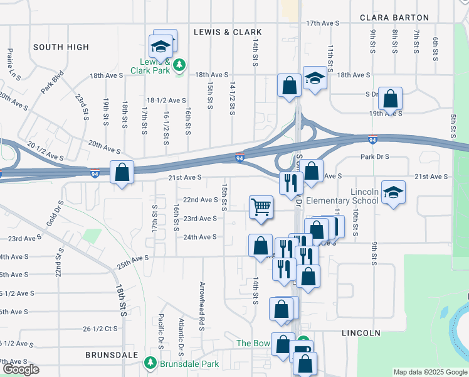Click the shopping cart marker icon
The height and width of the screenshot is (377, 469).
click(x=261, y=207)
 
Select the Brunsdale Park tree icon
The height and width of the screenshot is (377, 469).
click(x=150, y=363)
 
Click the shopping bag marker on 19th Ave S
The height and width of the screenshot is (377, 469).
click(x=390, y=99)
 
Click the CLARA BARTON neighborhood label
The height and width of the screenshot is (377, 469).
click(x=394, y=18)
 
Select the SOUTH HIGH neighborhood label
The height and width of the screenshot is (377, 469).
click(x=61, y=47)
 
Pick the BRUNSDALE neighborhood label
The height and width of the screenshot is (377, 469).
click(x=112, y=355)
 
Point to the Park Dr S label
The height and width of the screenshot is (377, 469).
click(x=375, y=156)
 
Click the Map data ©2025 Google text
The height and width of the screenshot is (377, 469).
click(x=430, y=372)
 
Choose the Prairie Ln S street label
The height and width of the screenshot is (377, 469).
click(x=9, y=64)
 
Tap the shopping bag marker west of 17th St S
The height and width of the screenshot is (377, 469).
click(x=122, y=172)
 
